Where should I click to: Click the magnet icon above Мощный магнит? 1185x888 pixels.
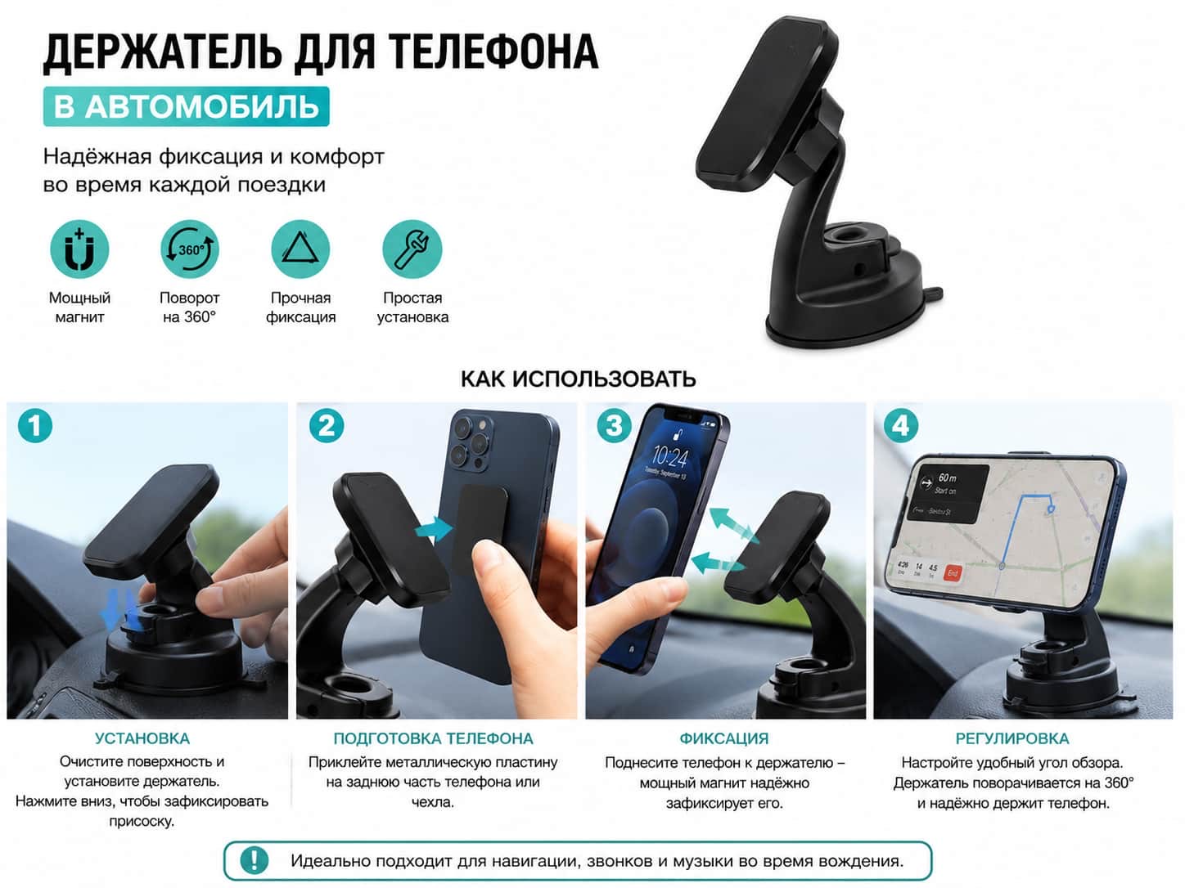click(x=79, y=249)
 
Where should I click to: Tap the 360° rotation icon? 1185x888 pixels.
click(x=190, y=249)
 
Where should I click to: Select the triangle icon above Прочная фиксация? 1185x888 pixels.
click(x=300, y=249)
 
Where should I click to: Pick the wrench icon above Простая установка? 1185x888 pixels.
click(x=412, y=249)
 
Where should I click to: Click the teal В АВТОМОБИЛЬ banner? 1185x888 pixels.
click(x=187, y=106)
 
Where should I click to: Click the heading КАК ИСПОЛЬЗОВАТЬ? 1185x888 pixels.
click(x=579, y=379)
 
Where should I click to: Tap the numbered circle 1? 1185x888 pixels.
click(x=35, y=426)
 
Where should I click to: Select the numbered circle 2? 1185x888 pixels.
click(x=327, y=426)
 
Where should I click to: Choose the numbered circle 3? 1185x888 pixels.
click(x=615, y=426)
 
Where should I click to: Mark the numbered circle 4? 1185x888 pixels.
click(x=901, y=426)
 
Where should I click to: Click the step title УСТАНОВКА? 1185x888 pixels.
click(x=142, y=738)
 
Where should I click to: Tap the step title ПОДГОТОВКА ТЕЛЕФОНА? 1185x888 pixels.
click(x=433, y=738)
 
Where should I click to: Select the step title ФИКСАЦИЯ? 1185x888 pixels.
click(x=724, y=738)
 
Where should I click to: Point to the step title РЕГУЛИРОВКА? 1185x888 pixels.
click(x=1012, y=738)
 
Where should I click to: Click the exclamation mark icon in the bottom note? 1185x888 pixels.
click(x=254, y=859)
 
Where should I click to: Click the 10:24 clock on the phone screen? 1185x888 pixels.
click(x=669, y=457)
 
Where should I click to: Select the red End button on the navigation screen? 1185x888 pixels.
click(x=953, y=572)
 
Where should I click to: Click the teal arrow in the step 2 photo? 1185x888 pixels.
click(x=434, y=528)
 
